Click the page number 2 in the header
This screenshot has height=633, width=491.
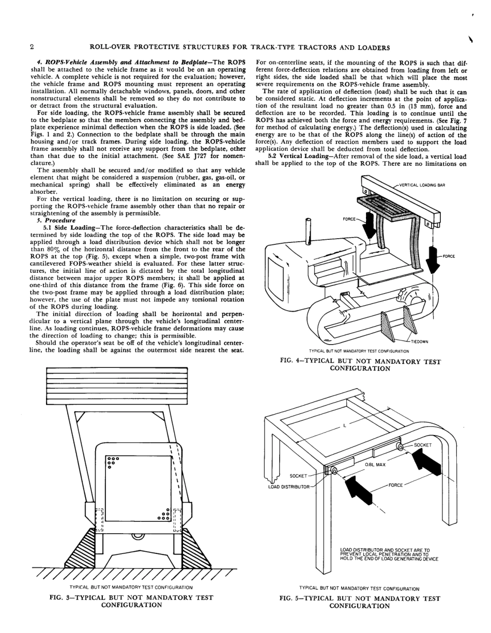[x=32, y=48]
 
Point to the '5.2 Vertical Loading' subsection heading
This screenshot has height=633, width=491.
[x=302, y=156]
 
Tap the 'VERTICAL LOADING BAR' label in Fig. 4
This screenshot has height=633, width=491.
[x=422, y=184]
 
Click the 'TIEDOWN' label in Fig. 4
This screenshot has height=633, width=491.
[x=420, y=342]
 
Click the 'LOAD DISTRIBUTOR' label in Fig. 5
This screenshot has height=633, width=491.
[x=287, y=486]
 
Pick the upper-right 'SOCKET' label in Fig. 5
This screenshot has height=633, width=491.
[x=422, y=444]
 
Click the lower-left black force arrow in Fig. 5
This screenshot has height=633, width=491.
[x=358, y=488]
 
